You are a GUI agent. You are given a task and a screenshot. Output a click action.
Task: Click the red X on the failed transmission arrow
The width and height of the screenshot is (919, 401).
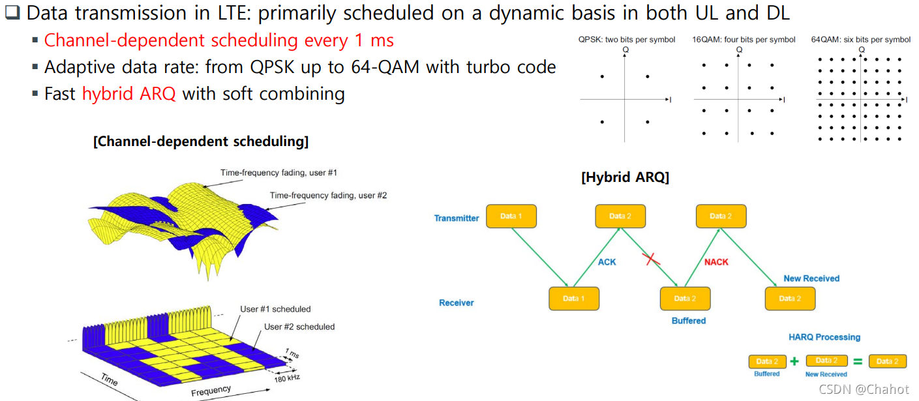650,259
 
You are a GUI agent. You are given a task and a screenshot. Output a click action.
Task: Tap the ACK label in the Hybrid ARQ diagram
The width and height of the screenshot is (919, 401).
607,262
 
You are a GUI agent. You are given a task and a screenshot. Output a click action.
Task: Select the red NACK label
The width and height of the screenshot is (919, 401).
716,262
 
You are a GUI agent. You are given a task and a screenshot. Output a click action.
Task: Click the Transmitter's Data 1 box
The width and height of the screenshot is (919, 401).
511,216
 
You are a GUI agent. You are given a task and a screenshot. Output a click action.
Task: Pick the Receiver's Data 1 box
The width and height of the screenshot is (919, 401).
574,299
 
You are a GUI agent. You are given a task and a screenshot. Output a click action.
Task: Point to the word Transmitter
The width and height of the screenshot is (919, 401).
457,218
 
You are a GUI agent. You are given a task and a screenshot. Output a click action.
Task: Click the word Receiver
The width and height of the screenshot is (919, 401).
456,303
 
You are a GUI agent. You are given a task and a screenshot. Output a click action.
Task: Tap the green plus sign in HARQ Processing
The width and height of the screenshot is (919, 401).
794,361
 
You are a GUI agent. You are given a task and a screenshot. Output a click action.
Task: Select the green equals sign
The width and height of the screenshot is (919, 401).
858,361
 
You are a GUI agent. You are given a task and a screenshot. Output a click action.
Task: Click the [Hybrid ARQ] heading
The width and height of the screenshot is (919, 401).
625,177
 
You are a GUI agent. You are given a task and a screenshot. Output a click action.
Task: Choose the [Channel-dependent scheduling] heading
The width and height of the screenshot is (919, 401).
201,141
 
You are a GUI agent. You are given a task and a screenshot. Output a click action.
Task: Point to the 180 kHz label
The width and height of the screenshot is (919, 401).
287,377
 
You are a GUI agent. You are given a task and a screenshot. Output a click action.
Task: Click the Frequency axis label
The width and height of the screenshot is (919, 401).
211,391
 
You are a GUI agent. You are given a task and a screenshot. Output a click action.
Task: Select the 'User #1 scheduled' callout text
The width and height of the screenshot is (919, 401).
276,309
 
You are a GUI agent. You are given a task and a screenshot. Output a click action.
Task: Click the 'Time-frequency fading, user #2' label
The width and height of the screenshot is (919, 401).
328,195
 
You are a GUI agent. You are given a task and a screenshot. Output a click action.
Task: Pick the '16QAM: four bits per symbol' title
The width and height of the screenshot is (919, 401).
744,40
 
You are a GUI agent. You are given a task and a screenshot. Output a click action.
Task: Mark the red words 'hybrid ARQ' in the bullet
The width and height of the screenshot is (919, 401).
129,94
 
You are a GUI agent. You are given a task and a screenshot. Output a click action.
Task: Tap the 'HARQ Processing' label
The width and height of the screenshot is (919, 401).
824,337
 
